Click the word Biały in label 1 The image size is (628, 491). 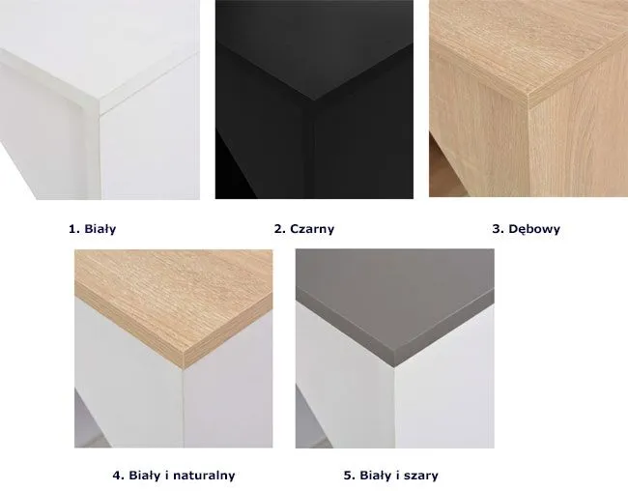click(x=100, y=229)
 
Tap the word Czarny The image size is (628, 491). click(x=312, y=229)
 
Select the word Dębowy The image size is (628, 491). click(x=534, y=229)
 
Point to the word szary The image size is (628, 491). click(x=421, y=476)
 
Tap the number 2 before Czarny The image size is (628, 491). click(x=279, y=229)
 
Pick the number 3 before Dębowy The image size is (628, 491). click(x=498, y=229)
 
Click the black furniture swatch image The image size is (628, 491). click(x=314, y=100)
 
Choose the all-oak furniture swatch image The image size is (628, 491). click(x=528, y=99)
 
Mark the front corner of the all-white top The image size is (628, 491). click(x=100, y=107)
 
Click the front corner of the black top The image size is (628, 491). click(x=314, y=100)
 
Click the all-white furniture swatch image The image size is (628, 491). click(x=100, y=100)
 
